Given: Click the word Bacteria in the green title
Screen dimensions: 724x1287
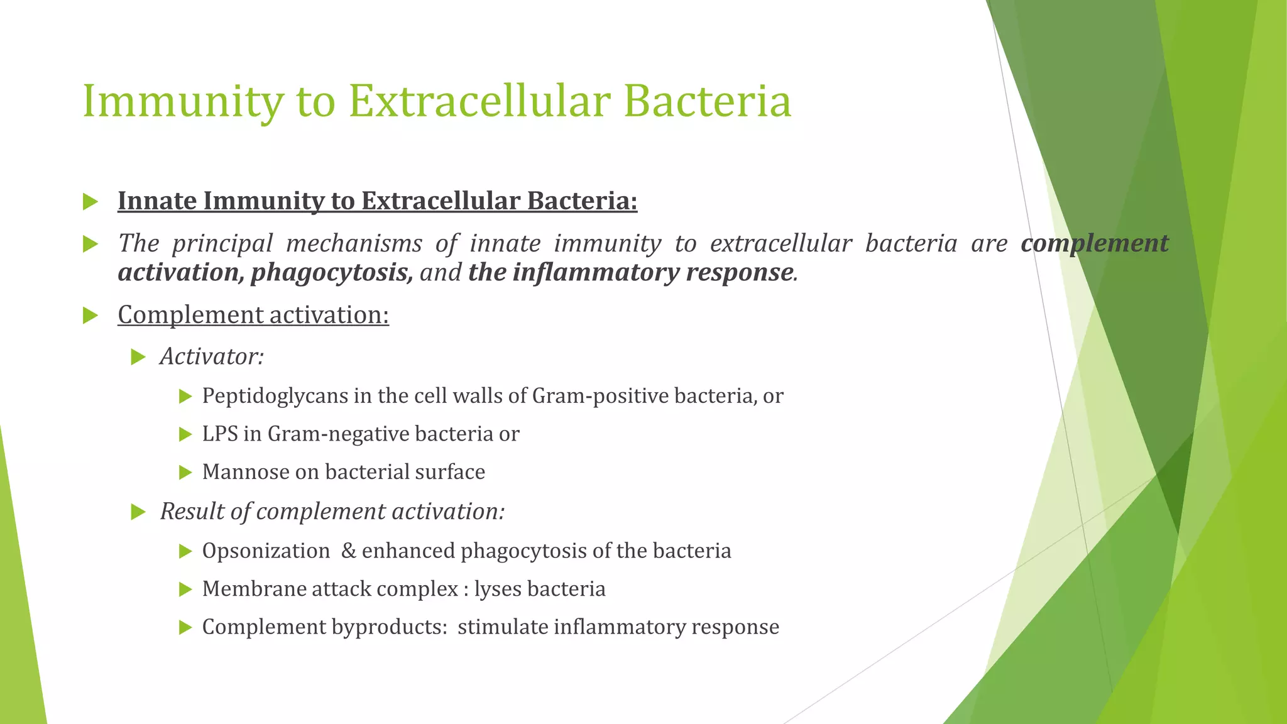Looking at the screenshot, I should (708, 101).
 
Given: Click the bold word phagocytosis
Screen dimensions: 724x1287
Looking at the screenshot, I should (331, 273).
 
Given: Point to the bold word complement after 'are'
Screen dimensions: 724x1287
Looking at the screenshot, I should (1094, 244).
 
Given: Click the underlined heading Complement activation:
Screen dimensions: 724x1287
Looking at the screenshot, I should (253, 315).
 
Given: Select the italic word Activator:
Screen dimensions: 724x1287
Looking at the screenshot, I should (212, 357).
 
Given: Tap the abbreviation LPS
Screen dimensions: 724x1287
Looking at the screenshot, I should (220, 434).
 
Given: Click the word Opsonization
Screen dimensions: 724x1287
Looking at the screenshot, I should (266, 551).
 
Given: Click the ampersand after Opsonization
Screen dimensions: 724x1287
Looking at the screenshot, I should (349, 551).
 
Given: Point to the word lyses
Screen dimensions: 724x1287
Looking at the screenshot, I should (498, 590).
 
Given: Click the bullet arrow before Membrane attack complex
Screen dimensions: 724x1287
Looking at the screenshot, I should (185, 590).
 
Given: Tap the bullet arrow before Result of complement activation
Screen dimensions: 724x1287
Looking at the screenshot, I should (138, 512).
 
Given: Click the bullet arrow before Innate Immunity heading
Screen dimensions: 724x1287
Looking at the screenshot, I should (90, 202).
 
